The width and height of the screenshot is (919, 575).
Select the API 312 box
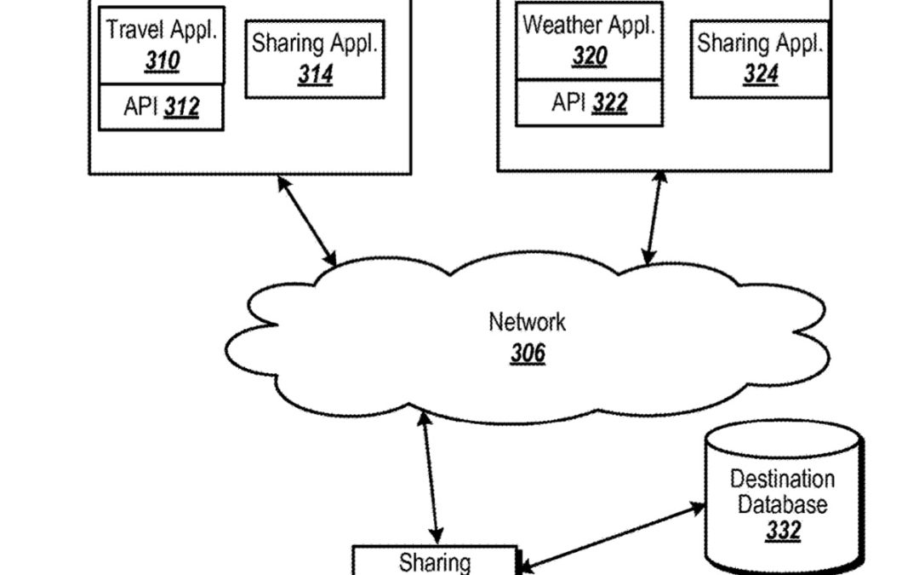(161, 107)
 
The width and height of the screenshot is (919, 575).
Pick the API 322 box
(589, 103)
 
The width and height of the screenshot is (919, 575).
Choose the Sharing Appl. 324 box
(759, 59)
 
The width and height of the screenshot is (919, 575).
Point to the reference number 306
(528, 352)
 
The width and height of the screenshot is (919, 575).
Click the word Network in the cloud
(527, 322)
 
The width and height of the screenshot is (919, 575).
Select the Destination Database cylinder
(783, 503)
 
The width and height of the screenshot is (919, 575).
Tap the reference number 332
(782, 531)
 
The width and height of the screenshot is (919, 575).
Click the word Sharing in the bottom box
(435, 562)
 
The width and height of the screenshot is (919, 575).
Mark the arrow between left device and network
(307, 220)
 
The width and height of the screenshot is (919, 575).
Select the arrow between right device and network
(654, 221)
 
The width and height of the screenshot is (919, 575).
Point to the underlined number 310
(161, 63)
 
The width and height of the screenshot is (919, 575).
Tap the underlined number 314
(314, 75)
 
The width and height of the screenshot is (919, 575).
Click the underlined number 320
(589, 57)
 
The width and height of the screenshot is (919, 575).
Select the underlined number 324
(760, 75)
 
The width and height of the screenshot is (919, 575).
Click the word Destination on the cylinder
(782, 479)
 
